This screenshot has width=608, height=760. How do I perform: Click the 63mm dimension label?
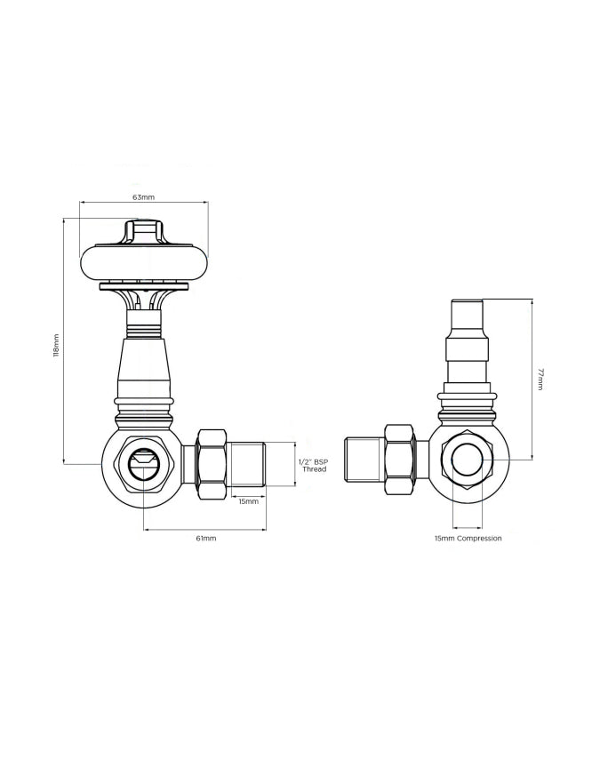[143, 197]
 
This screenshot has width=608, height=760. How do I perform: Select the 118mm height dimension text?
[56, 346]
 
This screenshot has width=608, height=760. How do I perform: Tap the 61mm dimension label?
[206, 538]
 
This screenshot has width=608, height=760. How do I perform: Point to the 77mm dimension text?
[541, 379]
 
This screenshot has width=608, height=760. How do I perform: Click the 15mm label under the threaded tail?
[248, 501]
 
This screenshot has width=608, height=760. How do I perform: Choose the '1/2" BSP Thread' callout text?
[313, 465]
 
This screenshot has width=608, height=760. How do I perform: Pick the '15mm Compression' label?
[468, 538]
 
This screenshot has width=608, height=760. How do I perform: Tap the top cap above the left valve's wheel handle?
[143, 231]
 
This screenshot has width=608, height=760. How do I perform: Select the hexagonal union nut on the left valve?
[212, 463]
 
